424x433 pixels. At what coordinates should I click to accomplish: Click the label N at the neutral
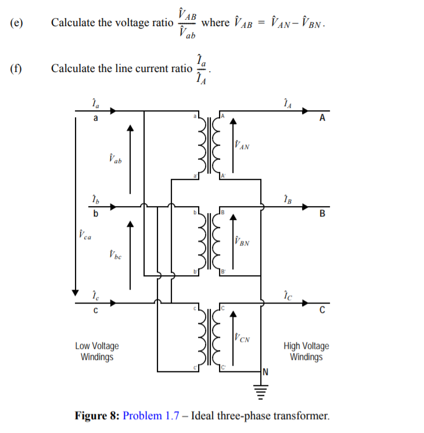266,372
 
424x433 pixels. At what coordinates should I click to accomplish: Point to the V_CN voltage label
242,337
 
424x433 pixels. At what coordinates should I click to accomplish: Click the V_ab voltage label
115,158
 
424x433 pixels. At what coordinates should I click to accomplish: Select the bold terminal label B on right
322,214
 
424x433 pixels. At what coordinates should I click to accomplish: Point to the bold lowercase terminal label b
96,214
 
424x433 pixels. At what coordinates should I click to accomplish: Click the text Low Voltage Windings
97,351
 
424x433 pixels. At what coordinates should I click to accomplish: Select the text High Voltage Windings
306,351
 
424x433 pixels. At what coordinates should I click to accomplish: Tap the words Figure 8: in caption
97,416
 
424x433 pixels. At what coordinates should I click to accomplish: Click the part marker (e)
17,23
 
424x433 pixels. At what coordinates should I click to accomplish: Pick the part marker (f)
16,68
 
